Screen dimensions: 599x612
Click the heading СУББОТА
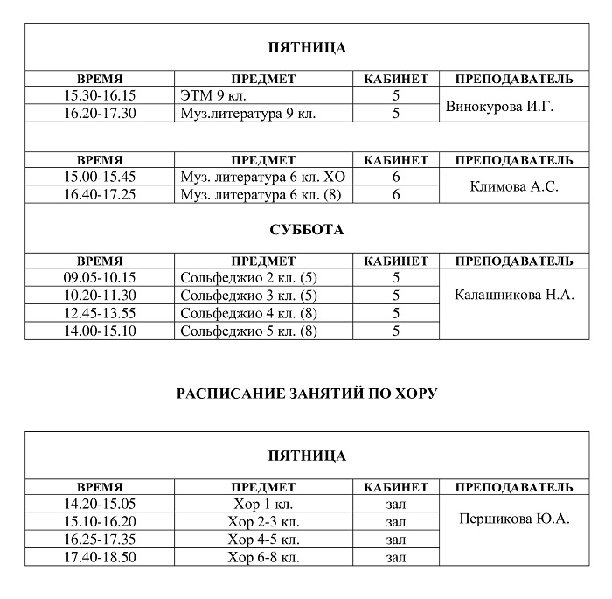click(x=306, y=230)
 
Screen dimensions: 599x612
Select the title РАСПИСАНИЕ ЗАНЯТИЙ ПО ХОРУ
click(x=306, y=394)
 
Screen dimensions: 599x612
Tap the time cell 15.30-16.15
click(x=100, y=95)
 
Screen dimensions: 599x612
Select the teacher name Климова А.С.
click(x=514, y=187)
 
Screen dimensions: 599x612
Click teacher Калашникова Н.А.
click(x=514, y=295)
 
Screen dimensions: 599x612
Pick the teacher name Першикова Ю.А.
click(x=514, y=519)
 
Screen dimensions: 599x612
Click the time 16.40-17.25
click(x=100, y=194)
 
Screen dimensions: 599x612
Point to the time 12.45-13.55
click(x=100, y=313)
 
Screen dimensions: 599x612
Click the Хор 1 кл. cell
click(x=263, y=504)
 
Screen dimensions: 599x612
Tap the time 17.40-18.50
click(x=100, y=556)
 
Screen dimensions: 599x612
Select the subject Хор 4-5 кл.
click(x=263, y=539)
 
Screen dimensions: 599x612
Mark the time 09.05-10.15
click(x=100, y=278)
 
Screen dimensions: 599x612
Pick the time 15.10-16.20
click(x=100, y=521)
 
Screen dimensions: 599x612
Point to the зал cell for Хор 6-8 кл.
click(x=395, y=556)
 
